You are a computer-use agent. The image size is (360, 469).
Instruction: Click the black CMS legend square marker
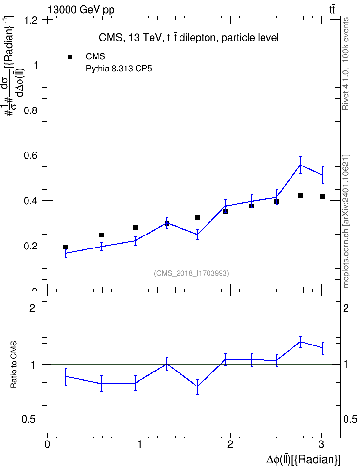coord(70,56)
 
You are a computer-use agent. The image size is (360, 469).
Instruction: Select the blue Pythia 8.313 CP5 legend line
coord(70,69)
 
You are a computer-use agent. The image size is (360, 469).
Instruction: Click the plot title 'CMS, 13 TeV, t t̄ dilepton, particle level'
coord(189,38)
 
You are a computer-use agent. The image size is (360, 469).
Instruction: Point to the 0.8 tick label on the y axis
coord(30,110)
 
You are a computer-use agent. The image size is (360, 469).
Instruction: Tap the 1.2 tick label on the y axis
coord(30,20)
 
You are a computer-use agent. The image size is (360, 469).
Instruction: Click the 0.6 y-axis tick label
coord(30,155)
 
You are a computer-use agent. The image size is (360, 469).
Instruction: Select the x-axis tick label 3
coord(321,445)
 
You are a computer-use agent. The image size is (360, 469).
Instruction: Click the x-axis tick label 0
coord(47,445)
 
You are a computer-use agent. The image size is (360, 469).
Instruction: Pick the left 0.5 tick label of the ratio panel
coord(29,420)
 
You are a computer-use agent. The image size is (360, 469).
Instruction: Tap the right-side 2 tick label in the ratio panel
coord(346,308)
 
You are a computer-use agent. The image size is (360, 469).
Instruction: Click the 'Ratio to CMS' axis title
coord(14,365)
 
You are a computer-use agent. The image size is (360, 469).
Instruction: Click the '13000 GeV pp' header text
coord(81,10)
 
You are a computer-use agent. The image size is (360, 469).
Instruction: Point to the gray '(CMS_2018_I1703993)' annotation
coord(192,273)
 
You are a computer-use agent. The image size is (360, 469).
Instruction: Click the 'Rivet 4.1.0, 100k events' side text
coord(346,64)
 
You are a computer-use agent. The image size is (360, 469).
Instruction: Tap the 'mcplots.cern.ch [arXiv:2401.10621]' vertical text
coord(346,221)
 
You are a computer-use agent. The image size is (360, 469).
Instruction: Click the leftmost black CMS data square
coord(66,247)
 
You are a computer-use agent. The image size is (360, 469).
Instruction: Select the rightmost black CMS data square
coord(322,196)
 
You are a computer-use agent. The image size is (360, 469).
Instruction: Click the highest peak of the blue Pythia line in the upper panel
coord(300,165)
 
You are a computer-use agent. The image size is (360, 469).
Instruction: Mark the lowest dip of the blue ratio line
coord(197,386)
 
